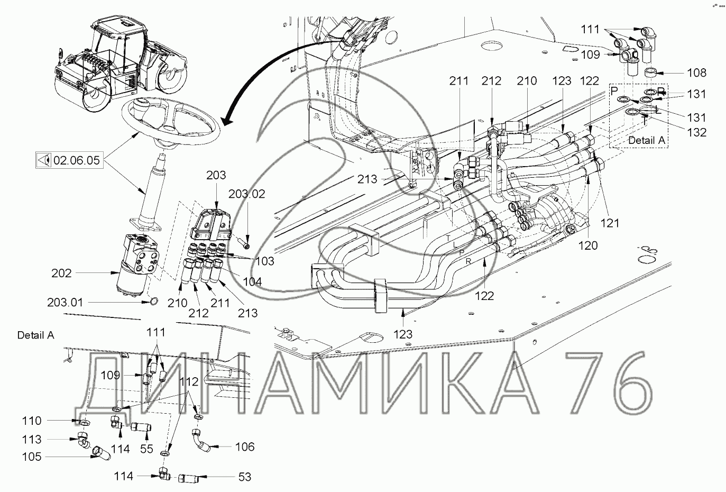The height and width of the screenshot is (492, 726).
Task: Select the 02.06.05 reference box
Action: (x=69, y=160)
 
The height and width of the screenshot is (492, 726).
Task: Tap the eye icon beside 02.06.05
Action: (x=44, y=160)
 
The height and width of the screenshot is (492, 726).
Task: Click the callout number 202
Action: (x=61, y=274)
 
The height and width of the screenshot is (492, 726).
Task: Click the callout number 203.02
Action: (x=246, y=194)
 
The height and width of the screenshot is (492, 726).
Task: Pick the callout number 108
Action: (x=697, y=72)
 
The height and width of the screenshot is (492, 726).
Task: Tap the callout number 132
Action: (x=697, y=132)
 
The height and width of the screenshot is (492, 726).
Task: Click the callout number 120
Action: (x=588, y=245)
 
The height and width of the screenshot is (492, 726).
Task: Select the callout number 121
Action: (x=610, y=223)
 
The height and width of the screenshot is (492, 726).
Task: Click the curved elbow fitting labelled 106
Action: (x=203, y=441)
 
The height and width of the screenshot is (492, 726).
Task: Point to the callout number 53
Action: (x=245, y=477)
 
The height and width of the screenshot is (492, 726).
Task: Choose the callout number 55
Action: (x=146, y=449)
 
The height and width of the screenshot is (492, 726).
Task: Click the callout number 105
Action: (x=32, y=457)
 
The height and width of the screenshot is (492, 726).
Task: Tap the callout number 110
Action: (x=32, y=421)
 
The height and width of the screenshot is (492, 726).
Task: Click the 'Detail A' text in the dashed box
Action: (x=647, y=140)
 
